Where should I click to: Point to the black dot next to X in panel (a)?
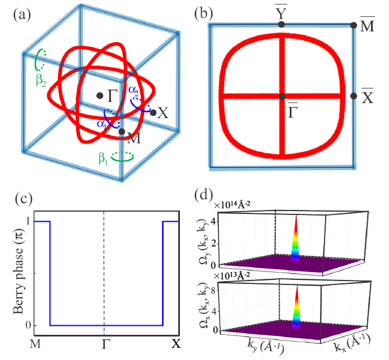[x=153, y=113]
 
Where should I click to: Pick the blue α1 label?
[x=101, y=124]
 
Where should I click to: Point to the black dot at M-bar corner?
[x=354, y=25]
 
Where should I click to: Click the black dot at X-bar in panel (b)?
[x=354, y=96]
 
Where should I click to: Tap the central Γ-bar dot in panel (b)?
[x=281, y=96]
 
